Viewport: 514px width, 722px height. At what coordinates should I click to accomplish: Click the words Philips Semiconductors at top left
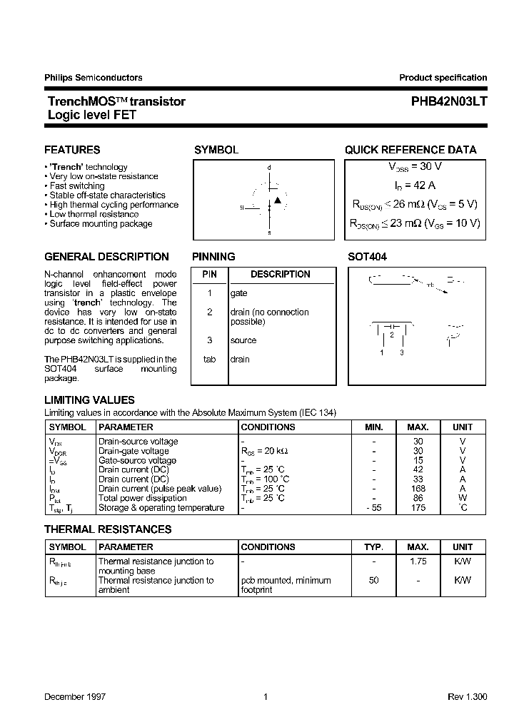tap(94, 78)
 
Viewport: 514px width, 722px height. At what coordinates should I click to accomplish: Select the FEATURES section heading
tap(72, 150)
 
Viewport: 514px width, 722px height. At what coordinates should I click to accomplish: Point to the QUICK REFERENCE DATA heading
tap(410, 150)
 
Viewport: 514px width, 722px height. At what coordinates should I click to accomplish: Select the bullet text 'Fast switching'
tap(78, 185)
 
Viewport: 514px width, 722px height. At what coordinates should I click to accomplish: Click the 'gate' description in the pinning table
tap(239, 293)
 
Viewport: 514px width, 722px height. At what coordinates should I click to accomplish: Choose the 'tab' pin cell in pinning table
tap(209, 360)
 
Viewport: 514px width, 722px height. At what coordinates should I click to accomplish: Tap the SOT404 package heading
tap(367, 257)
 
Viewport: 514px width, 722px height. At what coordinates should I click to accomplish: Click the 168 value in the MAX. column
tap(418, 489)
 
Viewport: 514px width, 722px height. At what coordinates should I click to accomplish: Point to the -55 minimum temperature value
tap(373, 508)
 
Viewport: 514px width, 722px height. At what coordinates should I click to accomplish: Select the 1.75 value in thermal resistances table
tap(418, 561)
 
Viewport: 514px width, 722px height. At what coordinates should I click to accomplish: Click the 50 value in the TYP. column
tap(373, 581)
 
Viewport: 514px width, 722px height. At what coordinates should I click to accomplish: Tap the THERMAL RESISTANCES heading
tap(108, 529)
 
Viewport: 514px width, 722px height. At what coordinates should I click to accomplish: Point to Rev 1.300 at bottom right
tap(467, 696)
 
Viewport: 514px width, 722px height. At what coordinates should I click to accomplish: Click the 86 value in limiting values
tap(418, 498)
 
